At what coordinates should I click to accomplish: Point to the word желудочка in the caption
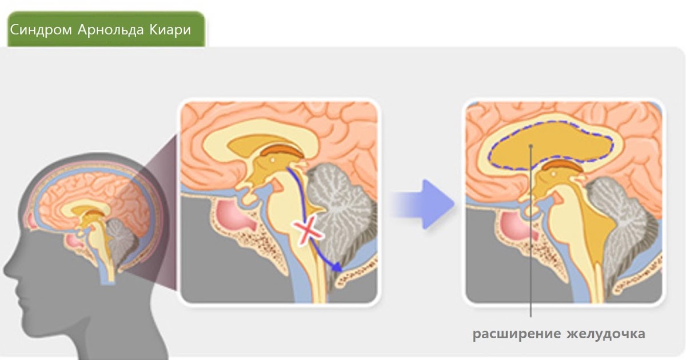tap(606, 334)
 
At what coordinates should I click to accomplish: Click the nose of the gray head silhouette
tap(7, 269)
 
